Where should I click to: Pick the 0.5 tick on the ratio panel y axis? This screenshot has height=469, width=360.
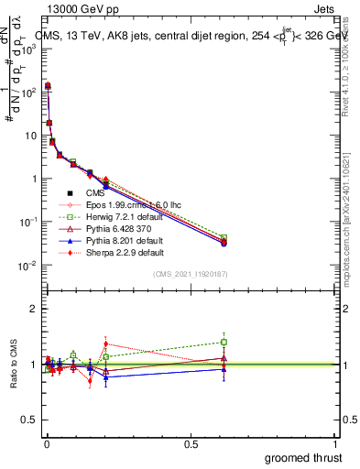30,419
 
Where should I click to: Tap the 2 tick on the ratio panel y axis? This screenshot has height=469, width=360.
34,309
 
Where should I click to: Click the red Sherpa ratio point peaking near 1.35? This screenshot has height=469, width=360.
106,344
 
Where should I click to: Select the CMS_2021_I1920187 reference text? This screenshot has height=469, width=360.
189,274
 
